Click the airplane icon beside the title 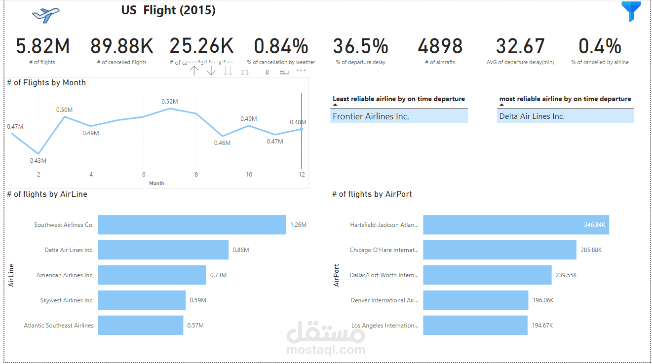pos(45,15)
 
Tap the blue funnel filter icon pos(631,12)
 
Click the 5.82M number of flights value pos(42,46)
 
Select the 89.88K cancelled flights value pos(122,46)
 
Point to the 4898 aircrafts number pos(440,46)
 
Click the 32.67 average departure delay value pos(520,46)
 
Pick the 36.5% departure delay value pos(360,46)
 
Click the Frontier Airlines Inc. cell pos(399,116)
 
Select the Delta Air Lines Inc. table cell pos(565,116)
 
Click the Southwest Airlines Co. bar pos(192,224)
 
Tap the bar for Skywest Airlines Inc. pos(142,300)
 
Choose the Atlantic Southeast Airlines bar pos(141,326)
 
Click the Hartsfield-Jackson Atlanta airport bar pos(516,224)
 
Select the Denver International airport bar pos(475,300)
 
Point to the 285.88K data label pos(591,250)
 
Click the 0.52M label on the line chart pos(169,102)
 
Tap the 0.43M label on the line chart pos(38,161)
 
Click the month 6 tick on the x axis pos(144,175)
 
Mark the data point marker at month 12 pos(301,129)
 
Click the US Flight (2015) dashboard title pos(168,10)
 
